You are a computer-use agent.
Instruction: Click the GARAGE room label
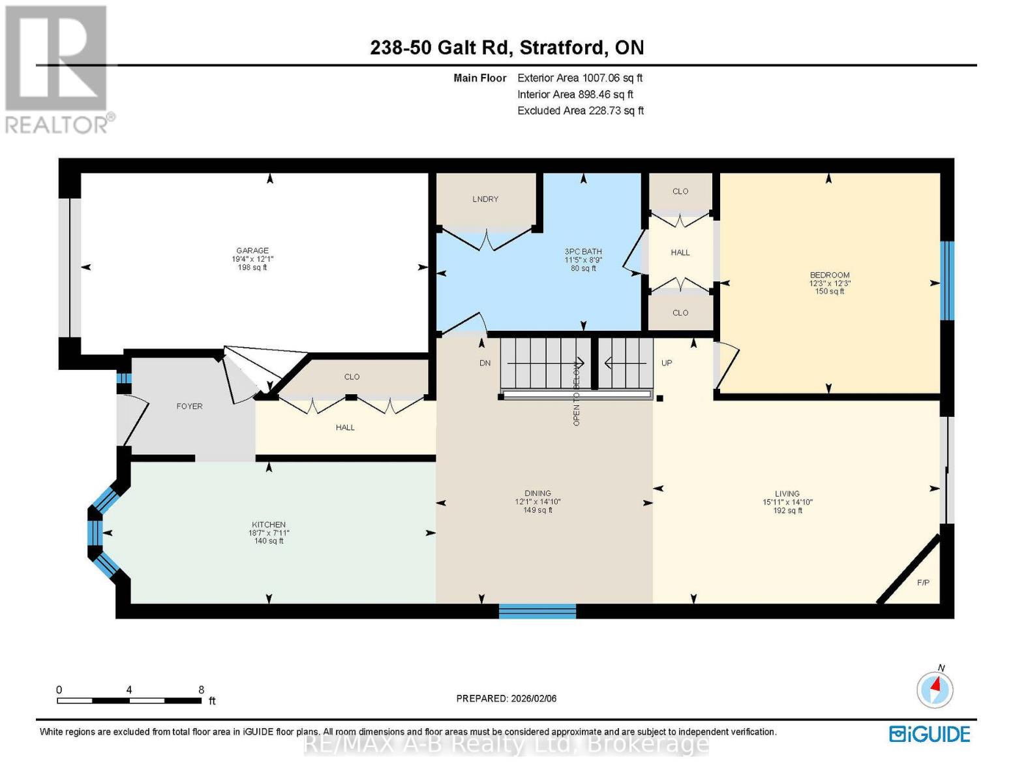click(252, 251)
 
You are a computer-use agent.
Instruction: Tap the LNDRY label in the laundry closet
click(485, 199)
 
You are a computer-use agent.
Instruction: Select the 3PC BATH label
click(583, 251)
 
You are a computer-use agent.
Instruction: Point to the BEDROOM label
click(830, 275)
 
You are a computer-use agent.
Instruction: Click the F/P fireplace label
click(923, 583)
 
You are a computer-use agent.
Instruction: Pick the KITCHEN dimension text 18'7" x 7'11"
click(269, 533)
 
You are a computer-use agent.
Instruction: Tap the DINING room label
click(537, 493)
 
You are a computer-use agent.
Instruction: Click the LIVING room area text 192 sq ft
click(787, 511)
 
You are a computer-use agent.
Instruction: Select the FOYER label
click(189, 406)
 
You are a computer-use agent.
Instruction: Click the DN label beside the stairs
click(485, 363)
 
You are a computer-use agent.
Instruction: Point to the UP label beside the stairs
click(667, 363)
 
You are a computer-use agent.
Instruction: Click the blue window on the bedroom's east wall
click(946, 281)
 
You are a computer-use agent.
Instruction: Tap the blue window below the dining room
click(537, 611)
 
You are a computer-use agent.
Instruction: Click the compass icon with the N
click(935, 688)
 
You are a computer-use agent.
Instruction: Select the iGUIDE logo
click(930, 734)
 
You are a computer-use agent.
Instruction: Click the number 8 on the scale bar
click(201, 690)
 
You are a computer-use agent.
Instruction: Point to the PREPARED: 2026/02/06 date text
click(506, 698)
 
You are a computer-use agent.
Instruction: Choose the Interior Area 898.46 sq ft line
click(575, 94)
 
